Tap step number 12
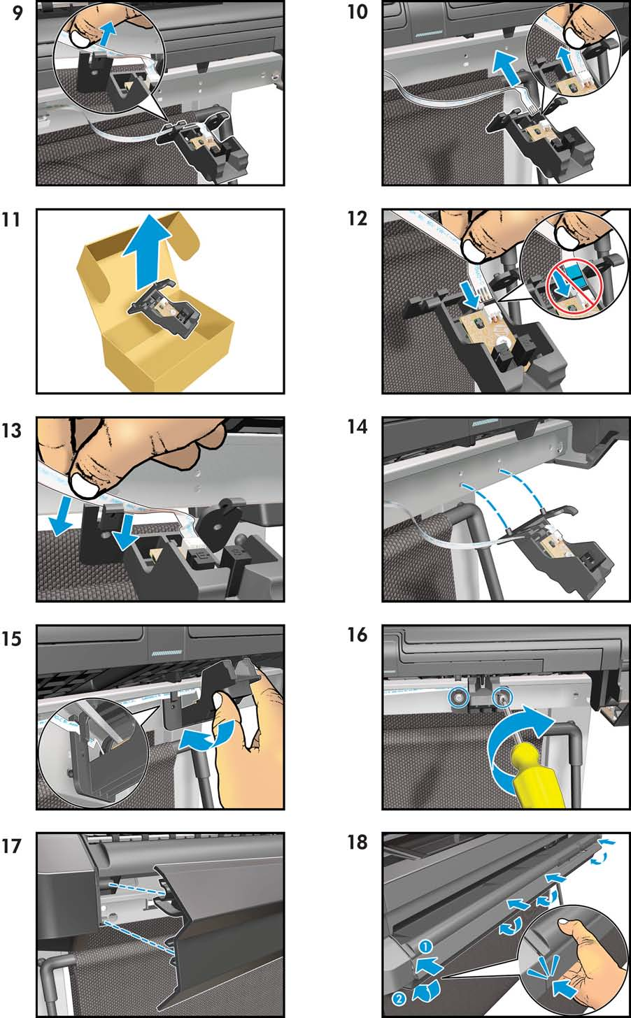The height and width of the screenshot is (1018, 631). point(357,219)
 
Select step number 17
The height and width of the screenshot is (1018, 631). point(11,846)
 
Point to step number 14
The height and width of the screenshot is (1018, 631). point(357,426)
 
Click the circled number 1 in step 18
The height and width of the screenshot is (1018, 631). point(425,947)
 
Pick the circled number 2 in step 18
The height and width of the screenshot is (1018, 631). point(399,999)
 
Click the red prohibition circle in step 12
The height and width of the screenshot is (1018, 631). point(573,284)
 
